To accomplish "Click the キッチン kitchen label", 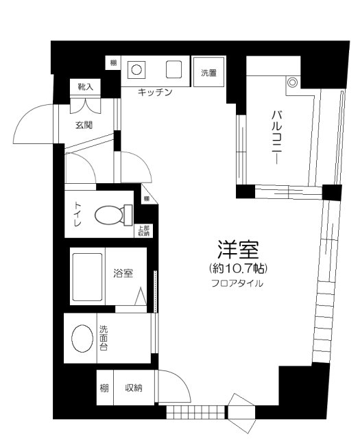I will coord(154,92).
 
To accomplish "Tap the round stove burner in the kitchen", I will coord(137,70).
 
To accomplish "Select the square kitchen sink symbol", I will coord(173,70).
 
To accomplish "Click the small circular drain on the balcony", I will coord(293,83).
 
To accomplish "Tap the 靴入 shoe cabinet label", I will coord(85,87).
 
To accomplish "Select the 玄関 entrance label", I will coord(84,125).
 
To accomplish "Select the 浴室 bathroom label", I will coord(123,272).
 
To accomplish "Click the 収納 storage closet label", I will coord(134,388).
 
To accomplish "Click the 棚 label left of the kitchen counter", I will coord(112,64).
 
